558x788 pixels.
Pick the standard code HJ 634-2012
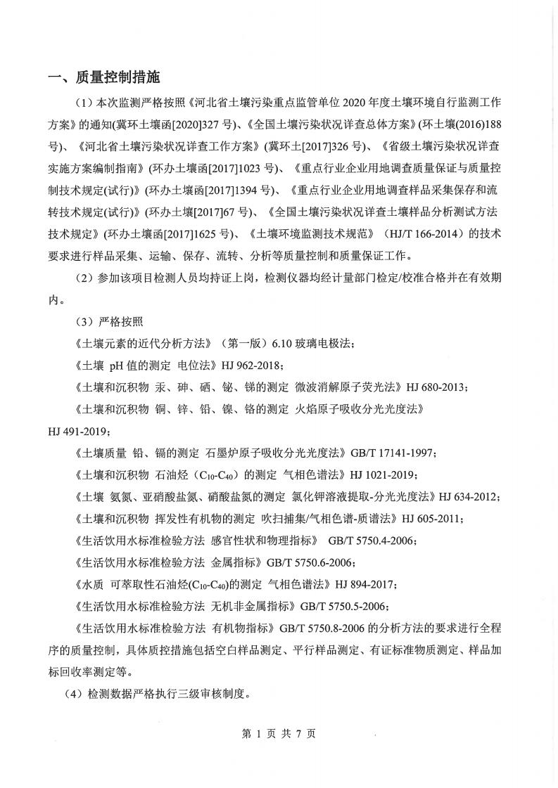click(x=469, y=497)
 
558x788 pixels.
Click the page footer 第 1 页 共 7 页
click(x=279, y=733)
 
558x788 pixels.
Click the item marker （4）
click(x=75, y=695)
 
